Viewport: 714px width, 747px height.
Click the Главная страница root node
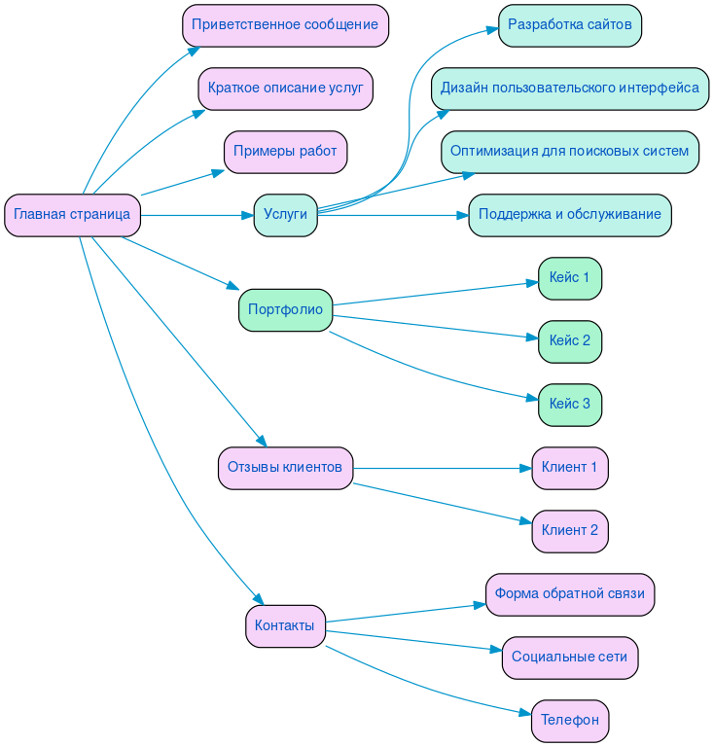pos(72,215)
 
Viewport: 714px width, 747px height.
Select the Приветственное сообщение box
pos(285,25)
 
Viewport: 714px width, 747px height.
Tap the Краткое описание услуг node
pos(285,89)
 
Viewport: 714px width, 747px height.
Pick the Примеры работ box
pos(285,152)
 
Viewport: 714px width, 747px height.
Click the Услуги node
pos(285,215)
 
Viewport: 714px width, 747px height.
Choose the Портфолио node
pos(285,310)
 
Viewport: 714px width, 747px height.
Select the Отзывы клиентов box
pos(285,468)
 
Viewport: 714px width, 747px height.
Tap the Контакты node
pos(285,625)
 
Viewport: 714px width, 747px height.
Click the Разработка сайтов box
pos(569,25)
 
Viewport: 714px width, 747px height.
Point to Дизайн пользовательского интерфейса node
pos(569,89)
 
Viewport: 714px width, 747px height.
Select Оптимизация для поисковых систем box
pos(569,152)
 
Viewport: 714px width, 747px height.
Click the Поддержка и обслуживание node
pos(569,215)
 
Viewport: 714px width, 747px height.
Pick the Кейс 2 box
pos(569,341)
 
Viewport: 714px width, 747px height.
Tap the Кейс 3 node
pos(569,405)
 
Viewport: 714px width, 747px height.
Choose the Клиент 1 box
pos(569,468)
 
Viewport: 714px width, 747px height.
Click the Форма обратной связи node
pos(569,594)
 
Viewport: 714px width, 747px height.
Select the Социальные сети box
pos(569,658)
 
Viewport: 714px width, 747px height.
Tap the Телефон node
pos(569,721)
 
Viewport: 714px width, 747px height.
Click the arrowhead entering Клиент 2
pos(526,521)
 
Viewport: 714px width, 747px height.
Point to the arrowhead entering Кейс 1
pos(532,284)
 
